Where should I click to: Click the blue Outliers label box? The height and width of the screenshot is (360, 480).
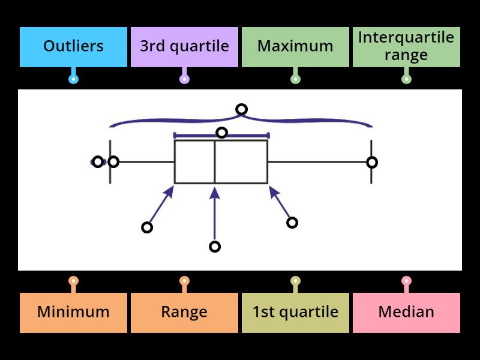point(73,46)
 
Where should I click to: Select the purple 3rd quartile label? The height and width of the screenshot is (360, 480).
point(184,46)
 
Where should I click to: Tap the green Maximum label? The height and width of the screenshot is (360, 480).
point(295,46)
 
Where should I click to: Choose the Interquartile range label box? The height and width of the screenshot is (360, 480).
point(406,46)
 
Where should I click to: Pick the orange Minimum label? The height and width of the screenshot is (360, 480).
point(73,312)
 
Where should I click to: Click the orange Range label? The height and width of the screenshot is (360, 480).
point(184,312)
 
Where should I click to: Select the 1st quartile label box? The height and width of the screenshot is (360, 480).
point(295,312)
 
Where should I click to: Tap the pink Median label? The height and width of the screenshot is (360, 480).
point(406,312)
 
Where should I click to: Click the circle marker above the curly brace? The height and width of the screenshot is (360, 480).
point(241,109)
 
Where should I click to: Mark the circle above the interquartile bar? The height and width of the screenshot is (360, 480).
point(221,133)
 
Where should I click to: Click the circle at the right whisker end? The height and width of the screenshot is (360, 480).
point(372,162)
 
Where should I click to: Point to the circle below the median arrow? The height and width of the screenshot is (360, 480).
point(215,247)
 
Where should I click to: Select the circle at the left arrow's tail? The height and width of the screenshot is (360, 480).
point(147,227)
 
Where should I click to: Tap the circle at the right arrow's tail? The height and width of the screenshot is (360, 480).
point(292,223)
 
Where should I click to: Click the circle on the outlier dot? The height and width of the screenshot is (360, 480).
point(98,161)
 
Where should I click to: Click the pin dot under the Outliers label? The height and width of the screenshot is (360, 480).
point(73,79)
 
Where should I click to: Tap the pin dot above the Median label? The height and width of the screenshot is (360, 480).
point(406,280)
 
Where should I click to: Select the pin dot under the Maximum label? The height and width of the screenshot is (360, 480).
point(295,79)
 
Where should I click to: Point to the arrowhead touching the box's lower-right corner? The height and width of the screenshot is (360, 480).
point(272,190)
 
